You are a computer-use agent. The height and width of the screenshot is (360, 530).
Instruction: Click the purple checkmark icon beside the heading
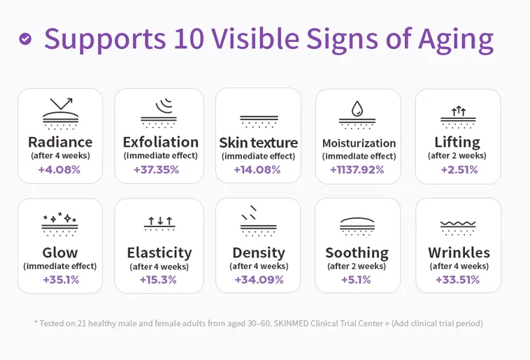point(25,39)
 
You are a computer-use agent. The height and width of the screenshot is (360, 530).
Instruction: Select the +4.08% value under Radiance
point(59,169)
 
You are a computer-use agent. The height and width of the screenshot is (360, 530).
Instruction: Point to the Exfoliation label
point(160,142)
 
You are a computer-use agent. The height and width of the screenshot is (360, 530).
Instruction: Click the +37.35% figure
point(157,169)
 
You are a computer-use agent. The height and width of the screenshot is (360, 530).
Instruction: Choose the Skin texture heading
point(258,143)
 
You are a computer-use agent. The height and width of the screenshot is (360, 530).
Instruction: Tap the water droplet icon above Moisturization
point(357,108)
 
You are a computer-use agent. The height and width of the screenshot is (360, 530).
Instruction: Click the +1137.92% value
point(358,169)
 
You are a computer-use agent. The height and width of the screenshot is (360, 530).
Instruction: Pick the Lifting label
point(457,142)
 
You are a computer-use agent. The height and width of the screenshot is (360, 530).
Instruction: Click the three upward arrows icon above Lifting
point(458,110)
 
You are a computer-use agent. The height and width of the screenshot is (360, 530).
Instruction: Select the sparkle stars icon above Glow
point(60,218)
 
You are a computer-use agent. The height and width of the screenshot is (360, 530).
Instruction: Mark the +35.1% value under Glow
point(60,280)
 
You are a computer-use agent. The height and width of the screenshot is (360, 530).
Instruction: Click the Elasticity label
point(159,252)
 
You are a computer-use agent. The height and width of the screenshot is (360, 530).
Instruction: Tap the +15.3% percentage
point(158,280)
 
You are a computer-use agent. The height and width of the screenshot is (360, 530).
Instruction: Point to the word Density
point(258,252)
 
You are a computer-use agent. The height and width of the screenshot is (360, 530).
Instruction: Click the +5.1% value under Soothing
point(357,280)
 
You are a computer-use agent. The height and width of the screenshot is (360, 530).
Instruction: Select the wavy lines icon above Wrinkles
point(458,225)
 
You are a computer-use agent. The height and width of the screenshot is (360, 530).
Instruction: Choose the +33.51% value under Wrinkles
point(457,280)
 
